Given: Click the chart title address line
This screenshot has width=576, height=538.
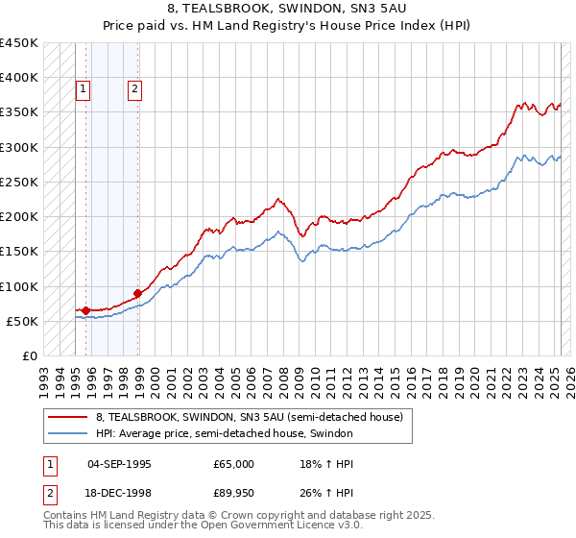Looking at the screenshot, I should (287, 8).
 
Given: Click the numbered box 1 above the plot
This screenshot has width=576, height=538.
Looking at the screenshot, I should (84, 89).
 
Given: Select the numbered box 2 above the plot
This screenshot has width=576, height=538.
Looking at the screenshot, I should (134, 89).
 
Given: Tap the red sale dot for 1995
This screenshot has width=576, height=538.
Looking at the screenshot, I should (86, 310).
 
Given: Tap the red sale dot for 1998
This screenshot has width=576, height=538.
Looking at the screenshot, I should (138, 293).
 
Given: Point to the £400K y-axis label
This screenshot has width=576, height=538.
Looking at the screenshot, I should (19, 78).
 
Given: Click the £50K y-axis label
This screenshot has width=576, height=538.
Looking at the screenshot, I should (23, 321).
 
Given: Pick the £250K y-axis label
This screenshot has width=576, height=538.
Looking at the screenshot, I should (19, 182).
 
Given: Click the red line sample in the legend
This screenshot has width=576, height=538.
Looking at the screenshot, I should (68, 417).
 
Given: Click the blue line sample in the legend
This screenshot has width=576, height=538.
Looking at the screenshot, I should (68, 433).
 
